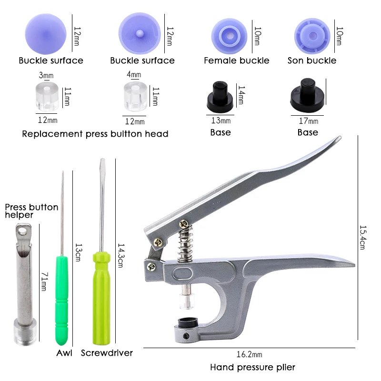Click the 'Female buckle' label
(236, 60)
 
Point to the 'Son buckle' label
(312, 60)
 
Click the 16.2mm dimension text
(249, 355)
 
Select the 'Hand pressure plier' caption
(252, 367)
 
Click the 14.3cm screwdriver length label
(120, 255)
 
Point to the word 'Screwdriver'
(107, 353)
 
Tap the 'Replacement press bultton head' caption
(95, 134)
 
